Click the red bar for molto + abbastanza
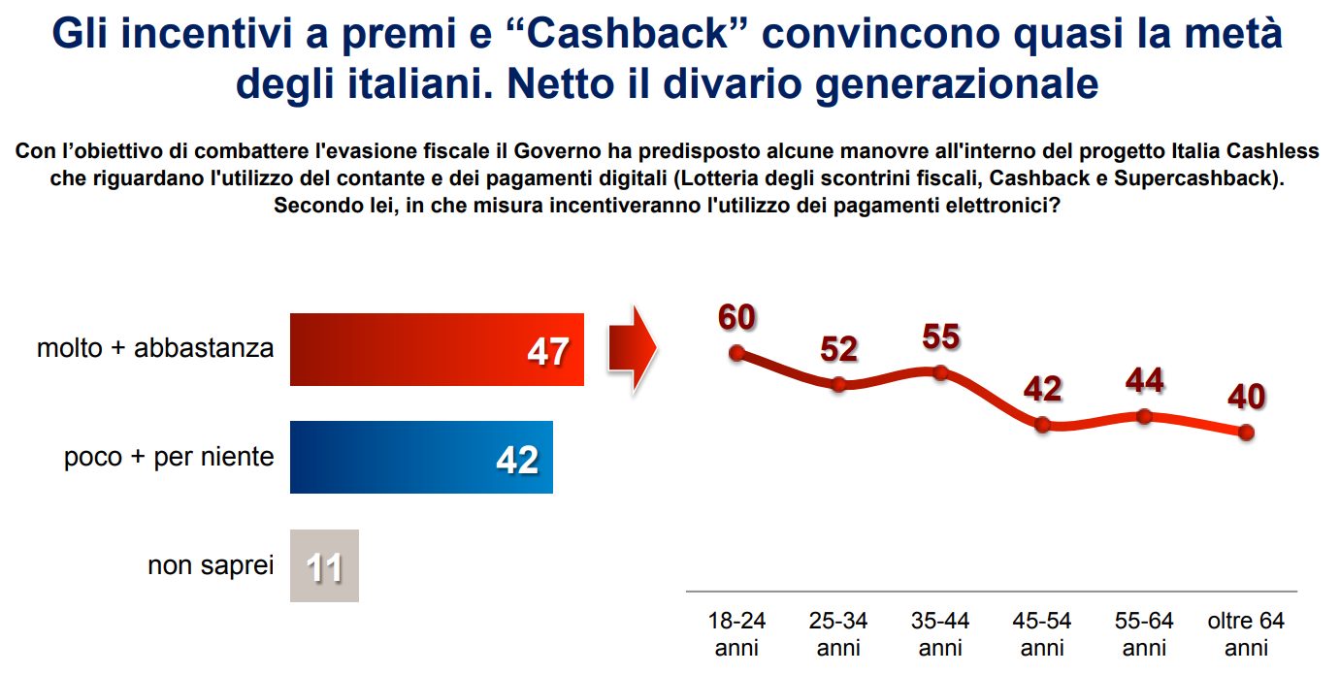[x=437, y=349]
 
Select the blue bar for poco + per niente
[x=421, y=457]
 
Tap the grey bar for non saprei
[x=324, y=565]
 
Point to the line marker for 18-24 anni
[x=736, y=353]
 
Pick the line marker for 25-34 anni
[x=839, y=384]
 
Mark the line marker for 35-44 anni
[x=940, y=372]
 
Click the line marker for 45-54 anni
[x=1043, y=424]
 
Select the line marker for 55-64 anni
[x=1144, y=416]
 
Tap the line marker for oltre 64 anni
[x=1246, y=432]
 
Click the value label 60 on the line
[x=736, y=317]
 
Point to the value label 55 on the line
[x=940, y=337]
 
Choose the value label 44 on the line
[x=1144, y=380]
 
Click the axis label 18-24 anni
[x=736, y=633]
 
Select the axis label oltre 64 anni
[x=1246, y=633]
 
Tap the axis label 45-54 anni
[x=1043, y=633]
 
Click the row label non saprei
[x=211, y=564]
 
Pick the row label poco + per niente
[x=169, y=457]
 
